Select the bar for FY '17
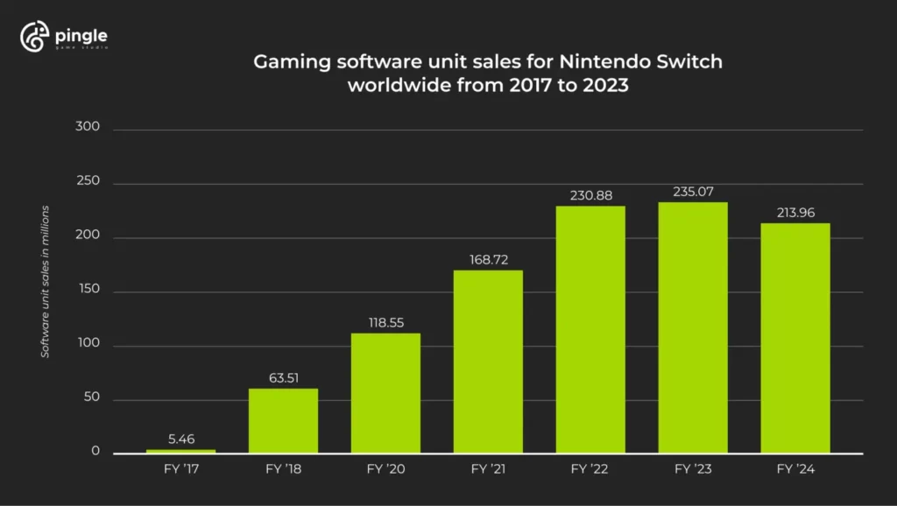pos(180,451)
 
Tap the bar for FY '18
pos(283,421)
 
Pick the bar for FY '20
pos(385,393)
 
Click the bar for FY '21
pos(488,362)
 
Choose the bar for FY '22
pos(590,329)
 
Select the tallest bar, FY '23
pos(693,327)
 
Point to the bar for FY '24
pos(795,338)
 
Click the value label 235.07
pos(693,191)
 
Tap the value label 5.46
pos(180,438)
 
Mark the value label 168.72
pos(488,259)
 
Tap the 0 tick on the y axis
pos(95,453)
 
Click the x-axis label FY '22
pos(590,469)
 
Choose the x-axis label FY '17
pos(180,469)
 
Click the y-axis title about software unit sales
pos(45,280)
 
